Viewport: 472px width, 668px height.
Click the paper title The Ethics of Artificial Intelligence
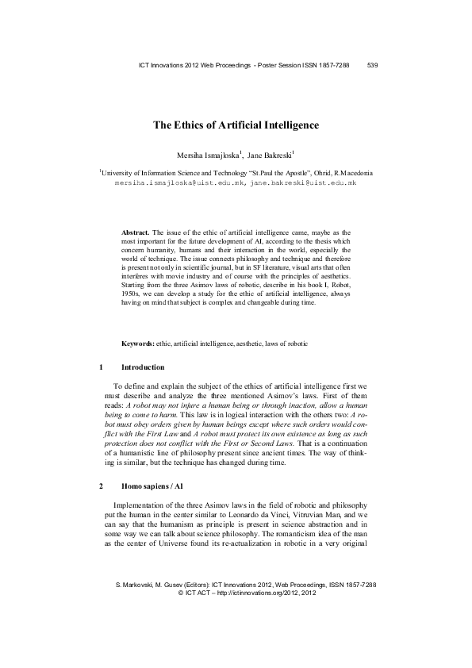236,125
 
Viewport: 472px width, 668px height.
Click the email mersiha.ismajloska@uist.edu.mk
180,182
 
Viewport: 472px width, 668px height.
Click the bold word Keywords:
137,344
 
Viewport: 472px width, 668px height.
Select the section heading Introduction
142,367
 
